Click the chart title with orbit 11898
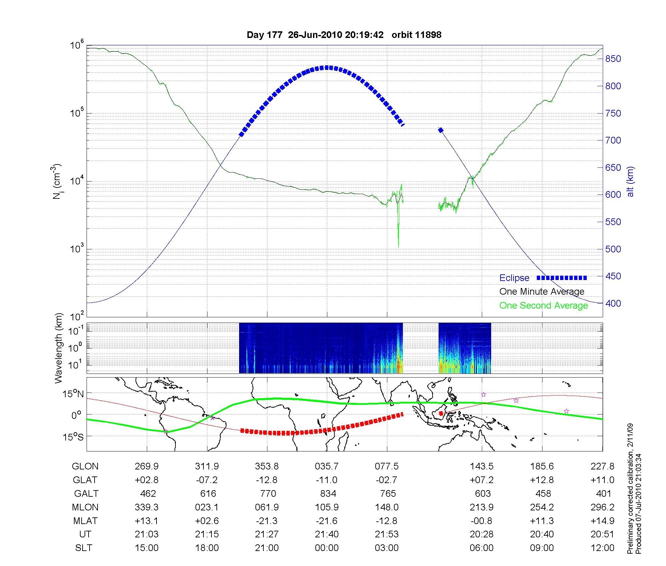click(344, 35)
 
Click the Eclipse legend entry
click(514, 278)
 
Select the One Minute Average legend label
click(542, 292)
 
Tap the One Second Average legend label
click(543, 306)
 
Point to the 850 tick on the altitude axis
click(613, 59)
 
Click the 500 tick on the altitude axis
click(613, 249)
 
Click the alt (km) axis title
click(630, 181)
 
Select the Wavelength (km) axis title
click(59, 348)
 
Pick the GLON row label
click(85, 466)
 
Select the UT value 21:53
click(387, 534)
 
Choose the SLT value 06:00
click(482, 548)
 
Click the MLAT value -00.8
click(482, 521)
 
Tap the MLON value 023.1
click(207, 507)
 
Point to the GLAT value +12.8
click(542, 480)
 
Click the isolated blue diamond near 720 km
click(441, 130)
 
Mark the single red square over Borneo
click(441, 414)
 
